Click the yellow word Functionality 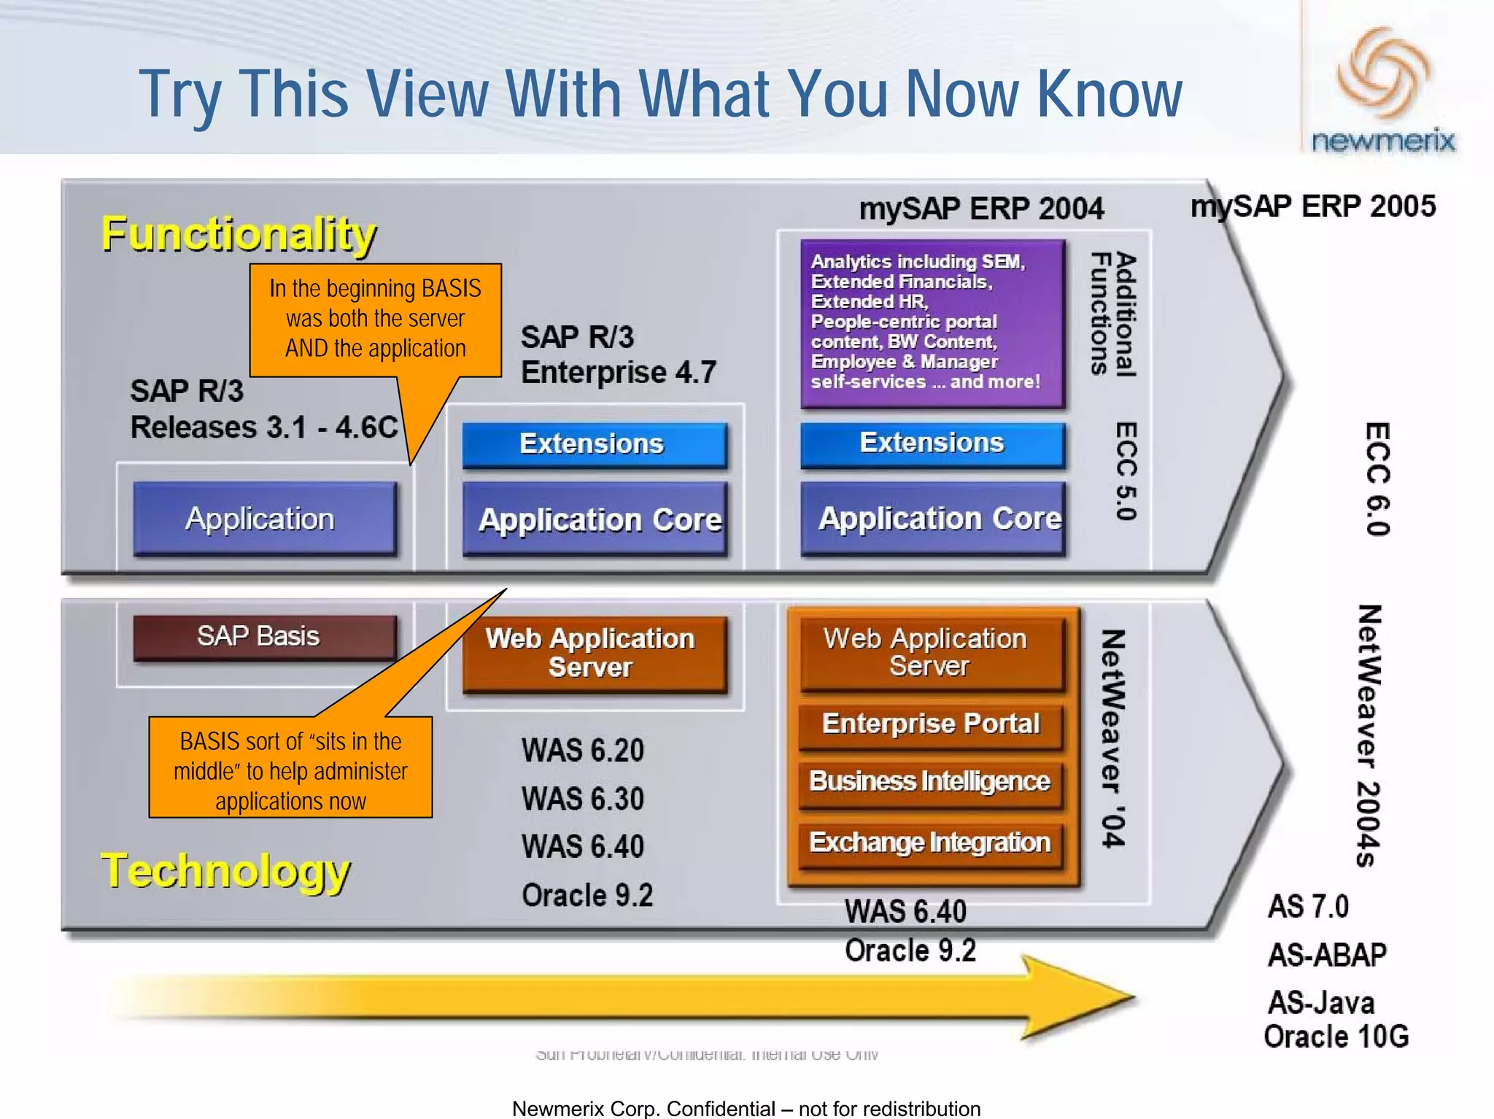click(239, 235)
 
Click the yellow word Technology click(225, 871)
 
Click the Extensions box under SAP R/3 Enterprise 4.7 click(594, 444)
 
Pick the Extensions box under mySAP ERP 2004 click(932, 444)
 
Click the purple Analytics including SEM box click(932, 322)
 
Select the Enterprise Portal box click(930, 724)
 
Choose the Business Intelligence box click(930, 782)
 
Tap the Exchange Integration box click(930, 843)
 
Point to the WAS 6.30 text click(583, 799)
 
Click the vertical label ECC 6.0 click(1377, 479)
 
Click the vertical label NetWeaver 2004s click(1369, 735)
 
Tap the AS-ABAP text click(1327, 955)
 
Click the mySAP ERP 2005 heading click(1312, 206)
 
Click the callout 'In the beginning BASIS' click(375, 319)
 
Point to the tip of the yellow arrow click(1132, 996)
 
